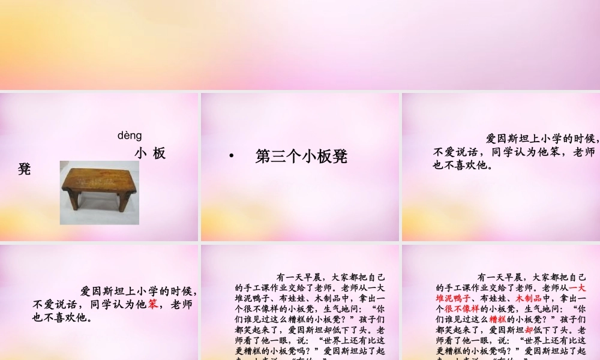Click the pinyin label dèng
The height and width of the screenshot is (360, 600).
130,136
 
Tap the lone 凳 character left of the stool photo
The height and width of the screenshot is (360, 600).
25,169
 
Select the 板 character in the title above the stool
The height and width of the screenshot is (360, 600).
159,154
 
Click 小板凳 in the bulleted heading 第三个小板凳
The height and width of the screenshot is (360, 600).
324,157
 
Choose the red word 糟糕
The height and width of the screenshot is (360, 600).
497,319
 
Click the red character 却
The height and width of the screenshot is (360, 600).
529,329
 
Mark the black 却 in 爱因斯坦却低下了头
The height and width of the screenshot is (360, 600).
328,329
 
